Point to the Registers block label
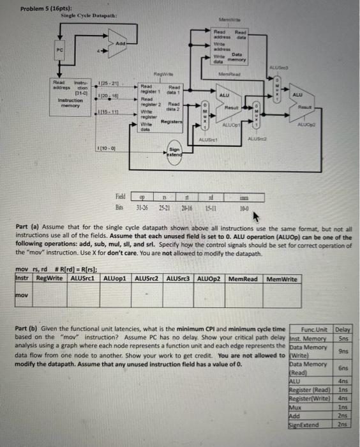tap(173, 121)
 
